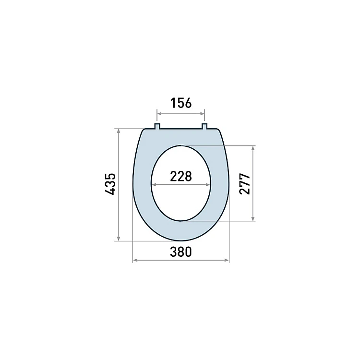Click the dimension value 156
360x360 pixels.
click(181, 103)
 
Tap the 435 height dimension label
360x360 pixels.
click(110, 184)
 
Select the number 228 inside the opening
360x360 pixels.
click(181, 177)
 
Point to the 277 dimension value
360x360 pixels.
click(244, 184)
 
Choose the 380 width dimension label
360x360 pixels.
click(180, 252)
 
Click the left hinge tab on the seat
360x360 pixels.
click(157, 126)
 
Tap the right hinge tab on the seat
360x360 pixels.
click(204, 126)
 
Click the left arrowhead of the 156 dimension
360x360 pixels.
click(159, 114)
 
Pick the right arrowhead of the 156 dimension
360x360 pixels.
click(202, 114)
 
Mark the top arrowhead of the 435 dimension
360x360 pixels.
click(119, 131)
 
